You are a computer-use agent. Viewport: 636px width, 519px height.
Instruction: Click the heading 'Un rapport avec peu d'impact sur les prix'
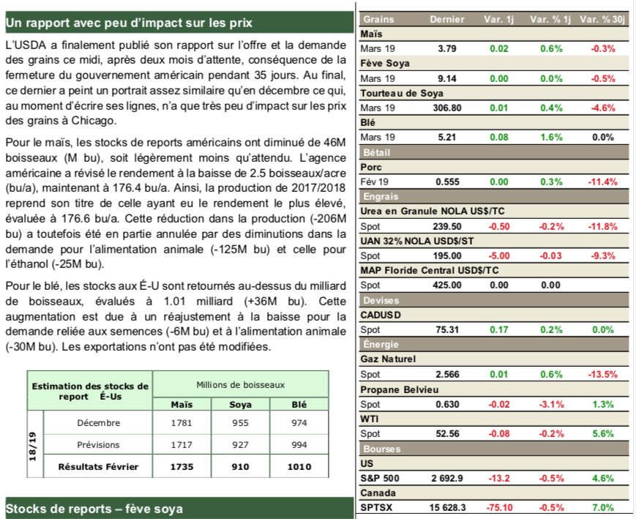click(129, 23)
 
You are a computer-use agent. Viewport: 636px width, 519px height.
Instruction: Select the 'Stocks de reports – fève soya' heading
click(94, 509)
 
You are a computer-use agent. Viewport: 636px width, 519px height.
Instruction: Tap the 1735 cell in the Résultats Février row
click(182, 466)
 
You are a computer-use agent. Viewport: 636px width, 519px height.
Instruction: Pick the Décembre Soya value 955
click(240, 423)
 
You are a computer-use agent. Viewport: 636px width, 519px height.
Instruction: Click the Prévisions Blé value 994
click(299, 445)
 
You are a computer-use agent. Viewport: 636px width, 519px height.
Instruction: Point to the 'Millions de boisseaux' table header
click(241, 385)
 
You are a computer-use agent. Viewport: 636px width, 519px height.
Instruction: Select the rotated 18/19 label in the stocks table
click(33, 447)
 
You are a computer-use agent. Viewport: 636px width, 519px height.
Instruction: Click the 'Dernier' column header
click(447, 19)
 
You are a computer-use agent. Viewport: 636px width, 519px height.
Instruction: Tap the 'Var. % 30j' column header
click(602, 19)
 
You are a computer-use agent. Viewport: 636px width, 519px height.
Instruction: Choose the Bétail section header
click(376, 152)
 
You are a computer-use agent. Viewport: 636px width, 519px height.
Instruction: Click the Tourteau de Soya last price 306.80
click(447, 108)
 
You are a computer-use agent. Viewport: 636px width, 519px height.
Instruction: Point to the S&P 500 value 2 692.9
click(447, 478)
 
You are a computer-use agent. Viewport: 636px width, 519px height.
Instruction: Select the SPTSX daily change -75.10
click(498, 507)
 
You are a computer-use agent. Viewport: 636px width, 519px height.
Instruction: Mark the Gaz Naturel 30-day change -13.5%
click(602, 374)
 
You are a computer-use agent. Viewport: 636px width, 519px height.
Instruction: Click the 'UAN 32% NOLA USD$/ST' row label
click(417, 241)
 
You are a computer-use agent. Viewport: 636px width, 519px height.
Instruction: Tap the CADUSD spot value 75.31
click(447, 329)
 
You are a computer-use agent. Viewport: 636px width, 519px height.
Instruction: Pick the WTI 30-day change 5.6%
click(603, 433)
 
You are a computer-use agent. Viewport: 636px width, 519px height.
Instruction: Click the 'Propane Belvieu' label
click(400, 389)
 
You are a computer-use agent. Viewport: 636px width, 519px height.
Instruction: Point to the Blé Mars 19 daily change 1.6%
click(551, 137)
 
